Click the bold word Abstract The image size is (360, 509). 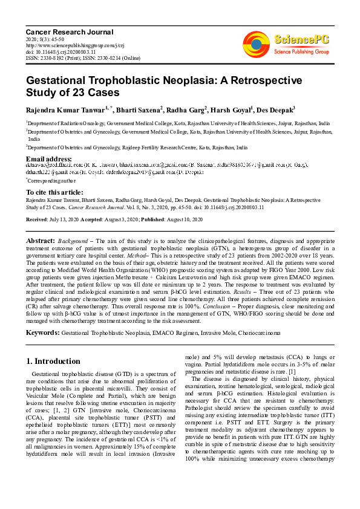(x=40, y=241)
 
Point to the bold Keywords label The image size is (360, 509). (x=42, y=332)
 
